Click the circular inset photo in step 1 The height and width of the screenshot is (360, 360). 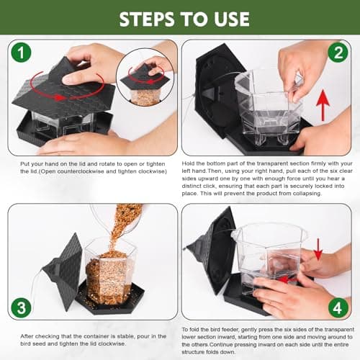pos(145,78)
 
